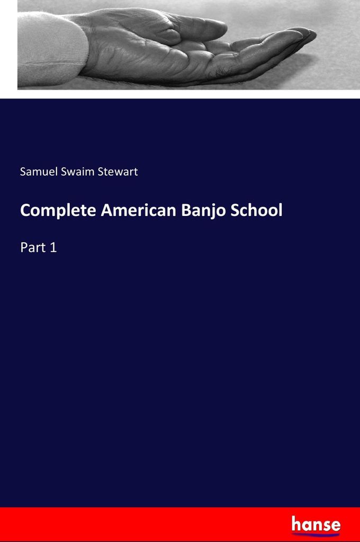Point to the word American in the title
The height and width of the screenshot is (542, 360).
point(139,210)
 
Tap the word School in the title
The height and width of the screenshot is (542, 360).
point(257,210)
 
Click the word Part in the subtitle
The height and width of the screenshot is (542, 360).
point(33,247)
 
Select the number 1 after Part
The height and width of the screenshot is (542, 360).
point(53,247)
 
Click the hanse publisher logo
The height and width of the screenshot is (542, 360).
point(316,525)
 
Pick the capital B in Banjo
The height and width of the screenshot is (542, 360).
point(187,210)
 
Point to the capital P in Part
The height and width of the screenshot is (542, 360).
point(24,247)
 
